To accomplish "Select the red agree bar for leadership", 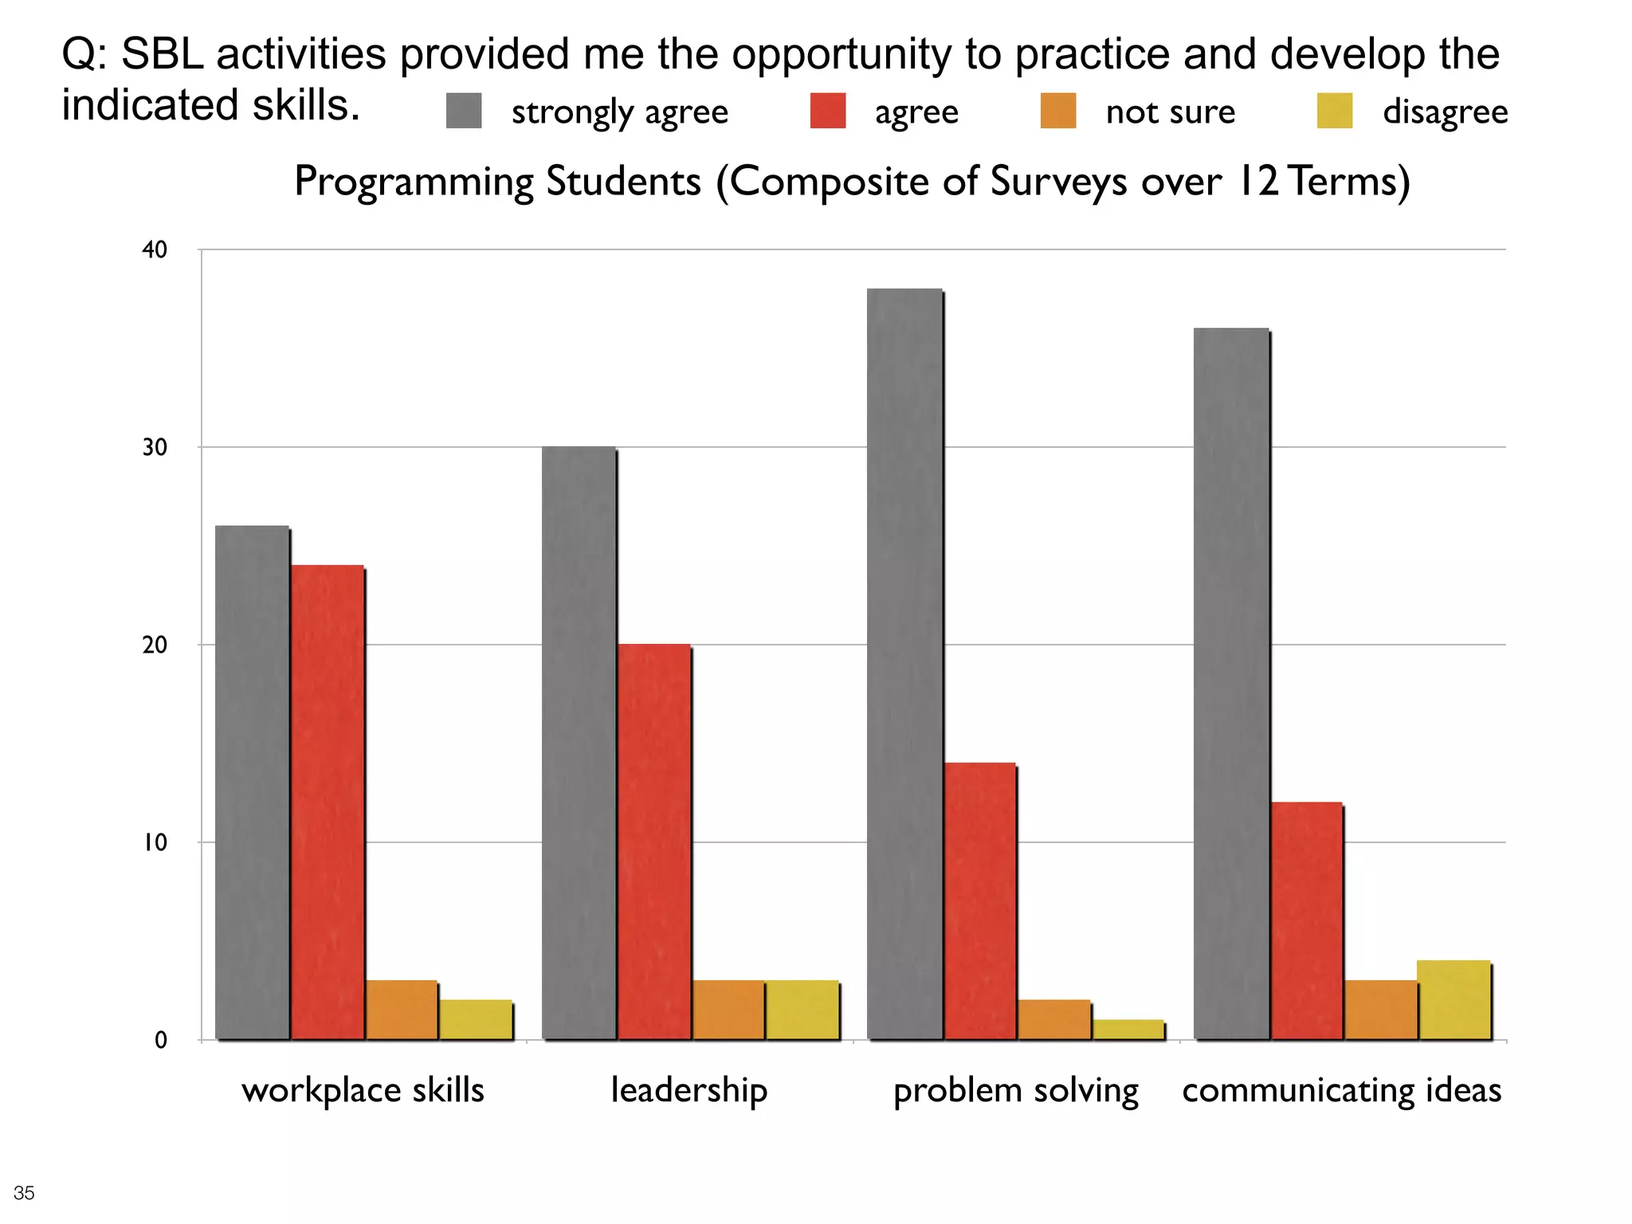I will click(653, 841).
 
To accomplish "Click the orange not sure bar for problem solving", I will click(1053, 1019).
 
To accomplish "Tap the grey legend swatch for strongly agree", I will click(464, 111).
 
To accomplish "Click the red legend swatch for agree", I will click(827, 111).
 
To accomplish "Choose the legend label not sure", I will click(1170, 112).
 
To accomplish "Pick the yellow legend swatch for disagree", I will click(1335, 111).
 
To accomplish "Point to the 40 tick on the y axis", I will click(155, 249).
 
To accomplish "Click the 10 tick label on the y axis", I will click(155, 842).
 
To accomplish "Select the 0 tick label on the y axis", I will click(160, 1040).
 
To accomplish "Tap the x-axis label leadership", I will click(688, 1090).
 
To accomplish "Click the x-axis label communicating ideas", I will click(1341, 1090).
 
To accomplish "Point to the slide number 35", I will click(24, 1193).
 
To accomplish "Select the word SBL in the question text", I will click(163, 54).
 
